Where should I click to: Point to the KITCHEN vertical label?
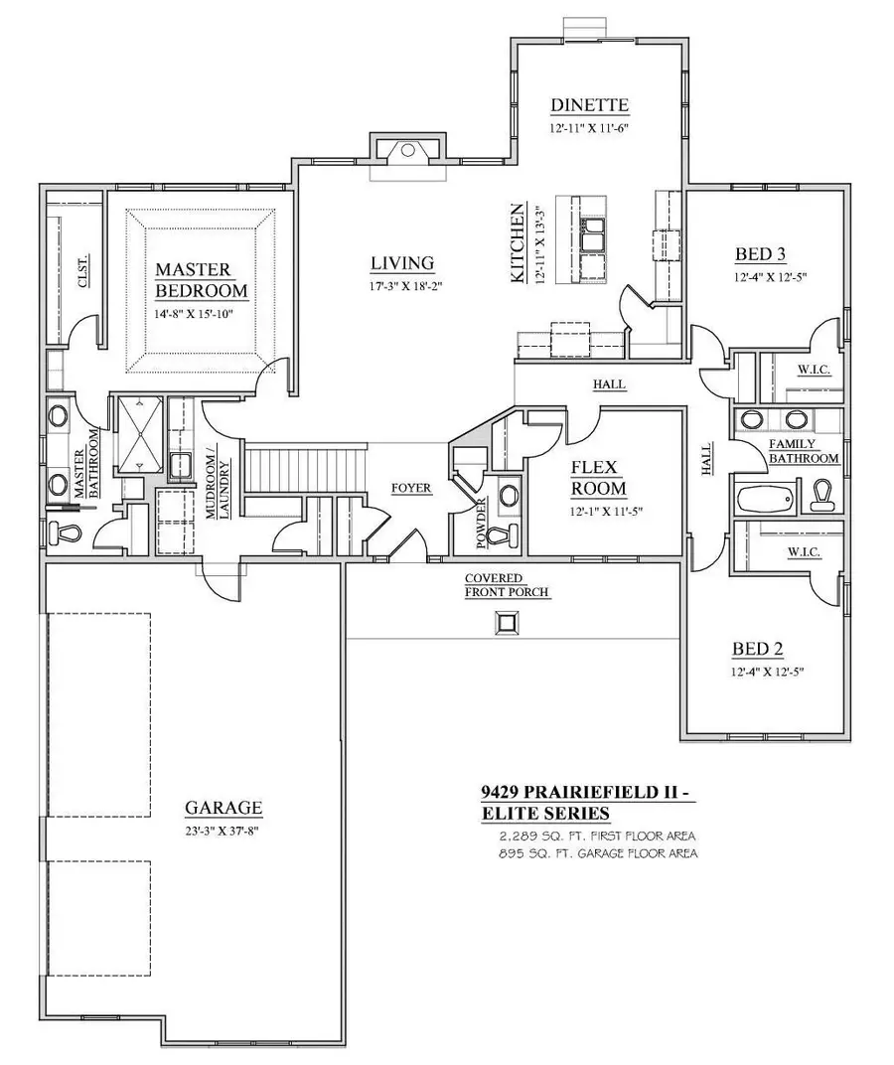518,244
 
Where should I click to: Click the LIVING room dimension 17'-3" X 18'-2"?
402,287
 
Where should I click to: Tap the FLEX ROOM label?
598,477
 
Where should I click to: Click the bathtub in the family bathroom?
768,496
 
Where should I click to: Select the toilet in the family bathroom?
823,492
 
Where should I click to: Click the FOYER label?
410,488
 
